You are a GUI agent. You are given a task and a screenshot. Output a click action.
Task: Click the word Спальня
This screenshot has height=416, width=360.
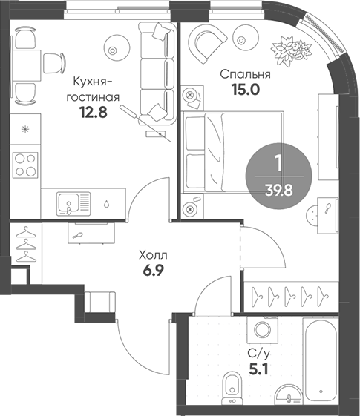point(245,75)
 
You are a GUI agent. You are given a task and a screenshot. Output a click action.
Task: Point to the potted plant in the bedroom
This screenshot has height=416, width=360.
point(290,50)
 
